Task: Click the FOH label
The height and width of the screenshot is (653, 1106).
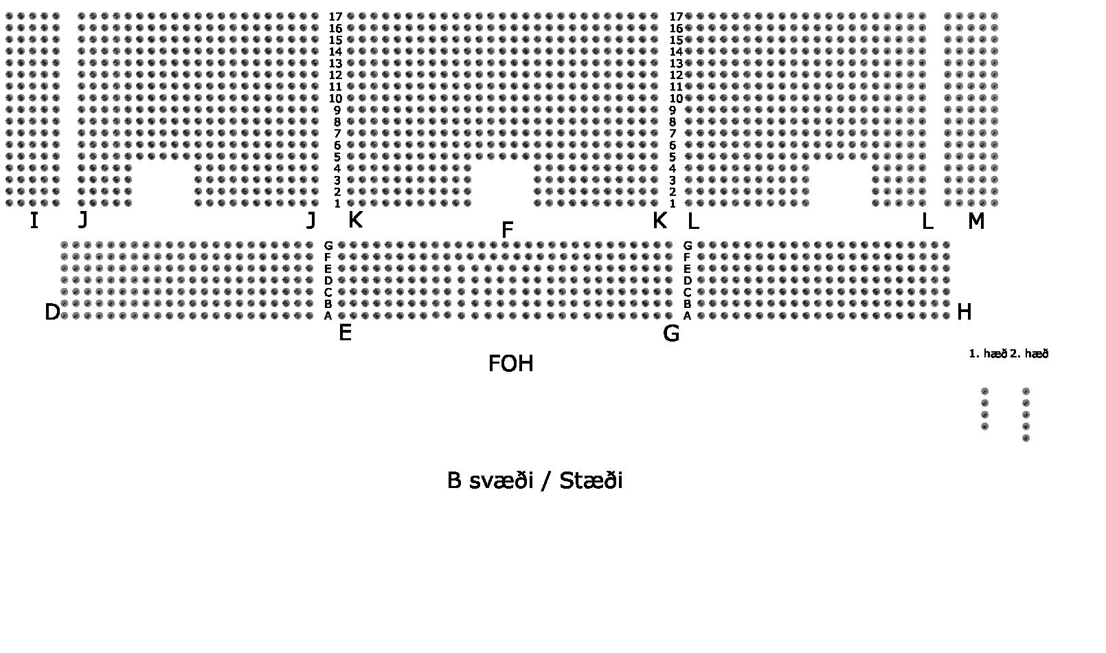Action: [510, 364]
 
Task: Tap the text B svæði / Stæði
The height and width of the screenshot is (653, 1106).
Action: [534, 480]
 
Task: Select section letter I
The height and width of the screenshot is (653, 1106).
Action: [34, 221]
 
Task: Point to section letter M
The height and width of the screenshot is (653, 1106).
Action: [975, 221]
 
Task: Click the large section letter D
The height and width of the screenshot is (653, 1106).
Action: [52, 313]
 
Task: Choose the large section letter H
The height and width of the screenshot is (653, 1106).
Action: [964, 313]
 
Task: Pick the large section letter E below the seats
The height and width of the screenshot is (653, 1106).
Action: [345, 333]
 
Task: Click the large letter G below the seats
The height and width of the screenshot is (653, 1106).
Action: [670, 333]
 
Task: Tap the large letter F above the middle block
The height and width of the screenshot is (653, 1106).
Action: [508, 230]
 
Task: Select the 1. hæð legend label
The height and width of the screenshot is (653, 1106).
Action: [988, 354]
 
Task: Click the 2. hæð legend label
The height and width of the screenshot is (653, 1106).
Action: [1029, 354]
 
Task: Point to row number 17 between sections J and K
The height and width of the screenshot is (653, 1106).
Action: [335, 16]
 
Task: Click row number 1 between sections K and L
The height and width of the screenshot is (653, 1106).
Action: [673, 203]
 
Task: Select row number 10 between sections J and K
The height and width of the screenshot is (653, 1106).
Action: [335, 98]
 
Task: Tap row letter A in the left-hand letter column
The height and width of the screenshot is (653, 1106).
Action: [328, 316]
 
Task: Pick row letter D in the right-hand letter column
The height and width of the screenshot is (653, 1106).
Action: [687, 280]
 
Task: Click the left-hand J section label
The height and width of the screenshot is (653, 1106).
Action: [83, 220]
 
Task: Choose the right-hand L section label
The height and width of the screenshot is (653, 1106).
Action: [927, 221]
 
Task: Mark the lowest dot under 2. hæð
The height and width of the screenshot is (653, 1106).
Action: [1026, 438]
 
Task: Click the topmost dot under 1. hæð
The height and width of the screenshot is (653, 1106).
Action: [984, 391]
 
